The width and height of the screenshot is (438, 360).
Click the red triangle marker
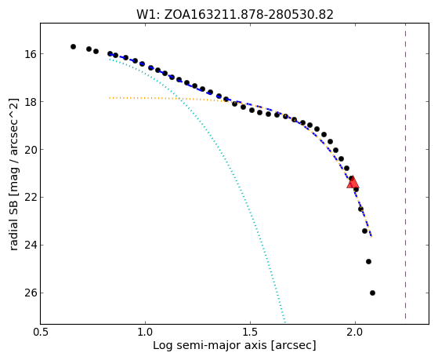click(353, 183)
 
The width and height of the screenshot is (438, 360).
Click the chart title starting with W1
click(235, 15)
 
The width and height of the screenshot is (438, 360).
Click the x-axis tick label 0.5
click(41, 333)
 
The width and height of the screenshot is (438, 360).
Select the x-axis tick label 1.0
click(145, 333)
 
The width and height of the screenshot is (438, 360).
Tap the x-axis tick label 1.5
click(250, 333)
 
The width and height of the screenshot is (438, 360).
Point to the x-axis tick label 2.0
click(355, 333)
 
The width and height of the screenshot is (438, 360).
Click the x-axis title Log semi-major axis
click(234, 346)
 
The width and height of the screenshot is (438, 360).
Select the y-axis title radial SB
click(13, 174)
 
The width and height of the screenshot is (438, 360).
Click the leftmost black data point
click(73, 47)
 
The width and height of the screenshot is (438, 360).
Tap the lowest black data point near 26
click(372, 293)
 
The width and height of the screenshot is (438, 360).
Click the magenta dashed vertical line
click(405, 171)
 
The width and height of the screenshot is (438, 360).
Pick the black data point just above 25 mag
click(368, 261)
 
